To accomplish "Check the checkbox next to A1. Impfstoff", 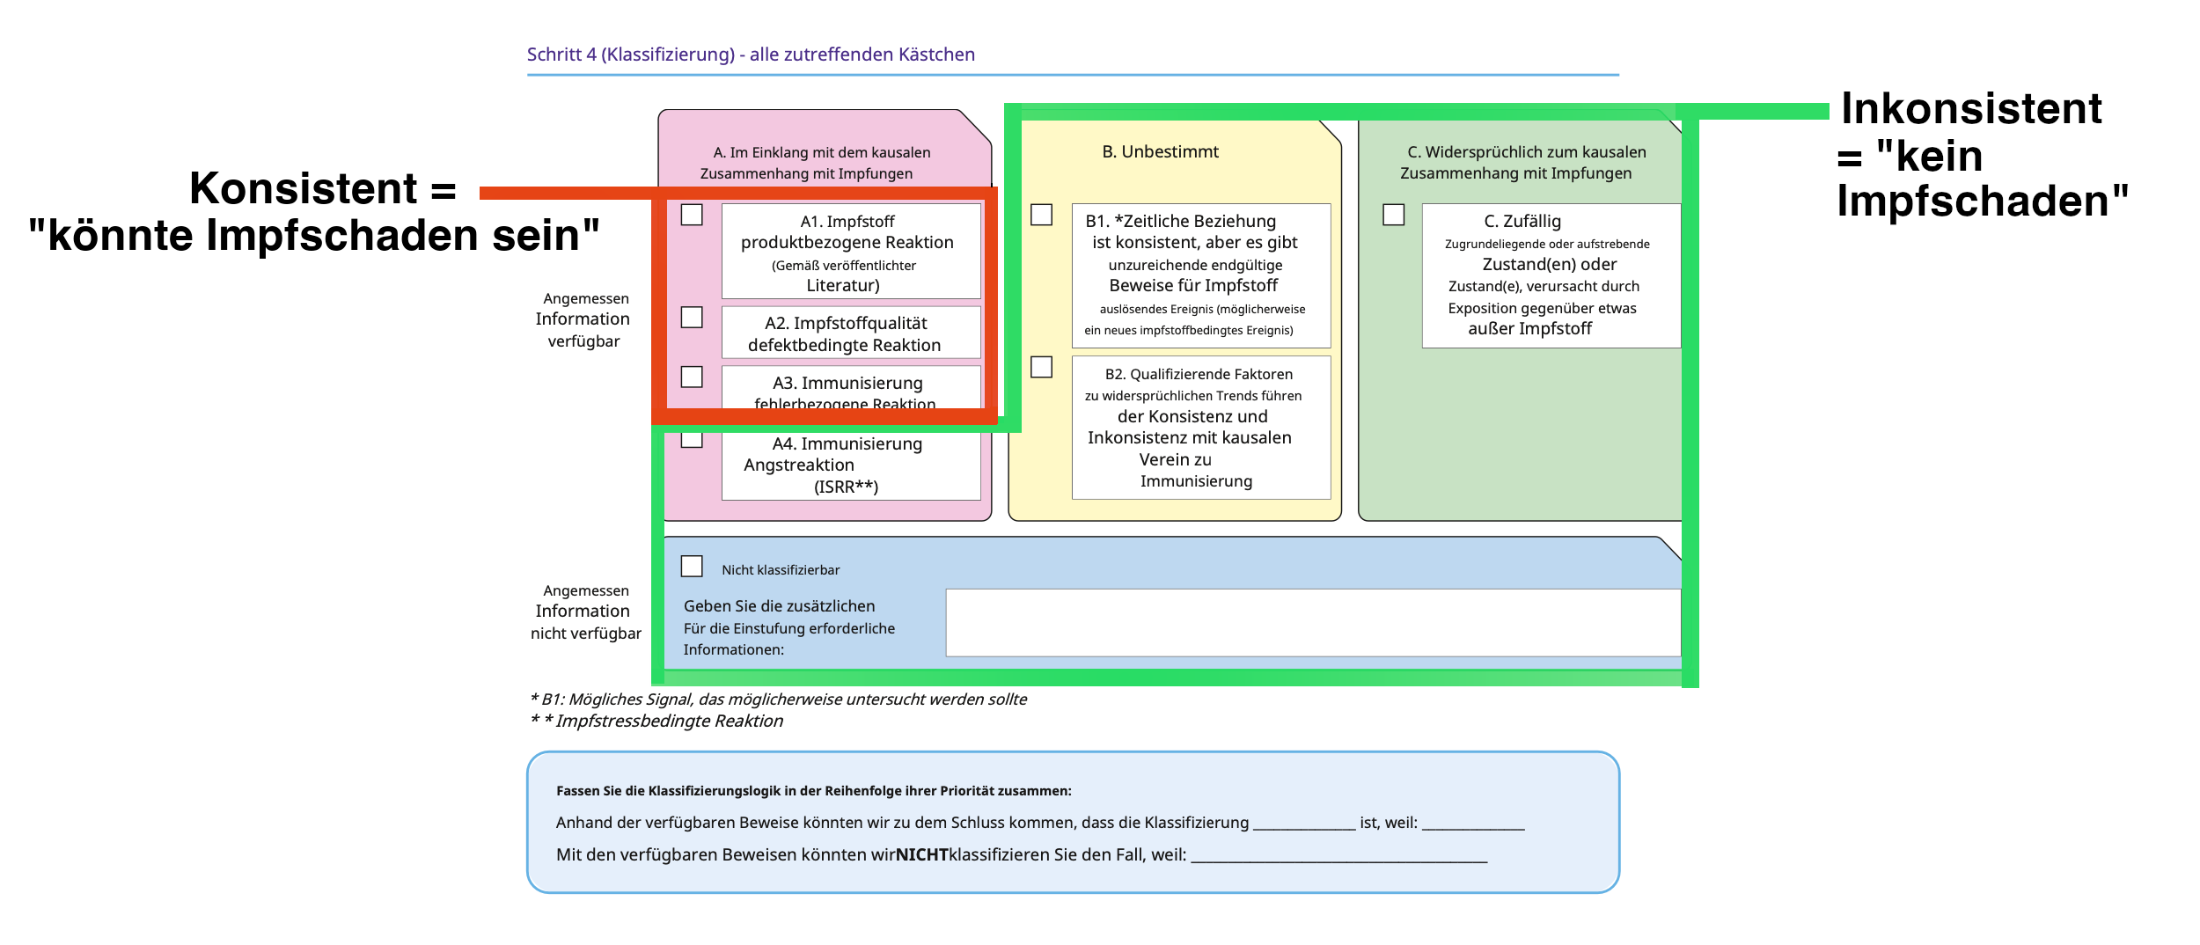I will tap(692, 215).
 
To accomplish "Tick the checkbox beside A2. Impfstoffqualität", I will tap(692, 317).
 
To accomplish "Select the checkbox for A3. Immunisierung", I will tap(692, 377).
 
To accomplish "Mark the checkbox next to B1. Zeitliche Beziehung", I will tap(1041, 215).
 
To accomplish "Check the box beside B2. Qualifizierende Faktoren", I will tap(1041, 367).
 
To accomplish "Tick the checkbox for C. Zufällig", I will tap(1393, 215).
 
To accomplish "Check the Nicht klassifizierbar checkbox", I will tap(692, 566).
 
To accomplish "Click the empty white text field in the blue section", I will tap(1311, 622).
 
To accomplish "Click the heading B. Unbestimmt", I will tap(1160, 151).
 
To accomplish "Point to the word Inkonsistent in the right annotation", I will tap(1971, 109).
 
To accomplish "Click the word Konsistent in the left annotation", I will tap(303, 188).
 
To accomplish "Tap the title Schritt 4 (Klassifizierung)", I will tap(630, 55).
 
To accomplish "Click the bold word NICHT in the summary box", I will tap(921, 854).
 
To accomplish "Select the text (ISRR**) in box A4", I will tap(846, 487).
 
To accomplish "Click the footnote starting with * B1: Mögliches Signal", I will tap(778, 700).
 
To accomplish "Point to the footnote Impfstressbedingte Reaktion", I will tap(669, 721).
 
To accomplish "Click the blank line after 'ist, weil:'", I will tap(1472, 824).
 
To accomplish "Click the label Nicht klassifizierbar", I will tap(781, 570).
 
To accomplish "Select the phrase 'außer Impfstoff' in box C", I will tap(1529, 329).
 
